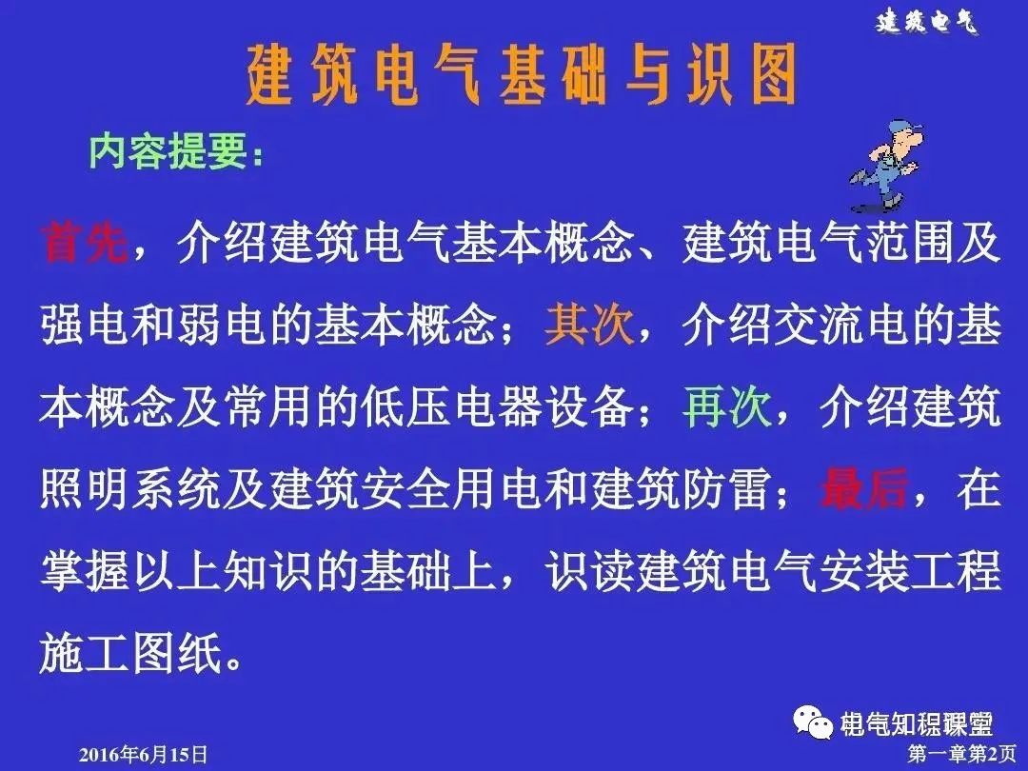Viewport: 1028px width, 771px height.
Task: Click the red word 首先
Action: pos(84,245)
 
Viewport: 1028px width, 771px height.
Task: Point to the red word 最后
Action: pos(862,489)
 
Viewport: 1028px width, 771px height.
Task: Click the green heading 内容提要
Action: pos(176,151)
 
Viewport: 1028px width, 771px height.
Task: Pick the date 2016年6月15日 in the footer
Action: pos(142,755)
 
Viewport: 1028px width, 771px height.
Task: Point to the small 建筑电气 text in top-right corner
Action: pos(926,23)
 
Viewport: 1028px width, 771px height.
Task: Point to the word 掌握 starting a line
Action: pos(84,571)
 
